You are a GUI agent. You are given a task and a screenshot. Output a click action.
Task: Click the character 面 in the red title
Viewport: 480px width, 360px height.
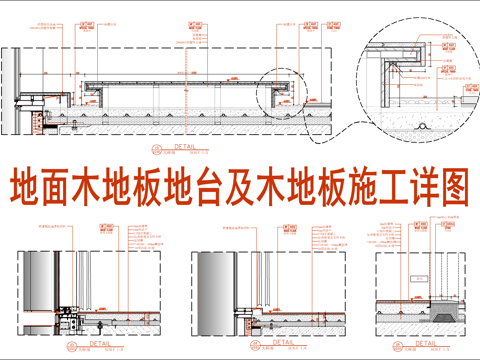tap(60, 187)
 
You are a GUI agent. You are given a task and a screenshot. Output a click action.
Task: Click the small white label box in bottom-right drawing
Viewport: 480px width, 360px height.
tap(434, 275)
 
